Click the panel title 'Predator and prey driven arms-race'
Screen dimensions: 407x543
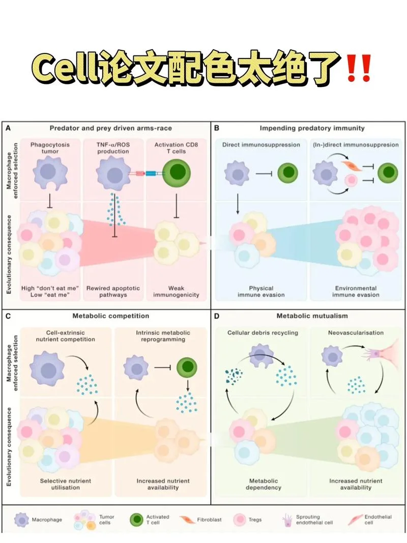111,128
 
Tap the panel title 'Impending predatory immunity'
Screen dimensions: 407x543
312,128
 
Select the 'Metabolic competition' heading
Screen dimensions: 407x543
111,316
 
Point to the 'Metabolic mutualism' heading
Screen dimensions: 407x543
312,316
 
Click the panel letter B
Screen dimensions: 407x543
217,128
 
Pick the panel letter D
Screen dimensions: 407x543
217,316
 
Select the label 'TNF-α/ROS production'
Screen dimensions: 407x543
113,148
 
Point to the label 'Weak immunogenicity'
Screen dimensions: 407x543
176,292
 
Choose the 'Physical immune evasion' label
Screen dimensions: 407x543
261,292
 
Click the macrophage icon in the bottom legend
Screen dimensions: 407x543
22,520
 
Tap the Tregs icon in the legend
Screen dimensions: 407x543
240,520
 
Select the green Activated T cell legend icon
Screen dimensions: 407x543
137,520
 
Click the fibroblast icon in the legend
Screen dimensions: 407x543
187,520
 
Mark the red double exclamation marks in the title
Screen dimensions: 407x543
359,68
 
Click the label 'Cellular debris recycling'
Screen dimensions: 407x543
263,333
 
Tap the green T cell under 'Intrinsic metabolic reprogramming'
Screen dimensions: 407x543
187,367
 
